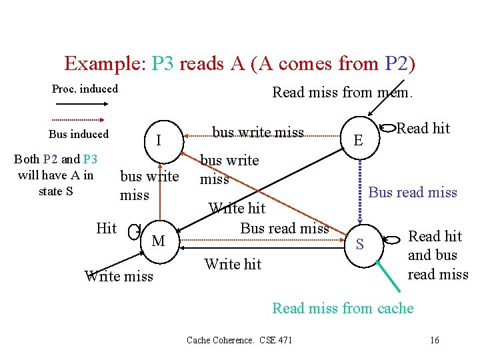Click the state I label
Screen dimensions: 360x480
coord(158,141)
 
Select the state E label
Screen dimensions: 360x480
coord(359,140)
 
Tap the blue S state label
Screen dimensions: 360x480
coord(359,245)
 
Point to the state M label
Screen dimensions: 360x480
coord(158,241)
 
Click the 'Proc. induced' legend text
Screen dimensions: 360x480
coord(85,89)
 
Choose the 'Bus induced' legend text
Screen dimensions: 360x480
coord(78,134)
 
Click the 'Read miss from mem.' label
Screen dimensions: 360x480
coord(343,93)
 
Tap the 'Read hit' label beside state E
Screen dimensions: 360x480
coord(423,128)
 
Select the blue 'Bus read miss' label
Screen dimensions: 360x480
coord(413,193)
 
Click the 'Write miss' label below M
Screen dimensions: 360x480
coord(119,276)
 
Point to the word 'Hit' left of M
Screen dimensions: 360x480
coord(107,229)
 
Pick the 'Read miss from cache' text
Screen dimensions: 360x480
coord(343,308)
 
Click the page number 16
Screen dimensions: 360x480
coord(435,341)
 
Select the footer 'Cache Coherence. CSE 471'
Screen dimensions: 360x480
coord(239,341)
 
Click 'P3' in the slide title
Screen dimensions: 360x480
coord(163,64)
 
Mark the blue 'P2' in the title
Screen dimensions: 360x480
coord(400,64)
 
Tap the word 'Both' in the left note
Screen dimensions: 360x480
coord(27,159)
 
